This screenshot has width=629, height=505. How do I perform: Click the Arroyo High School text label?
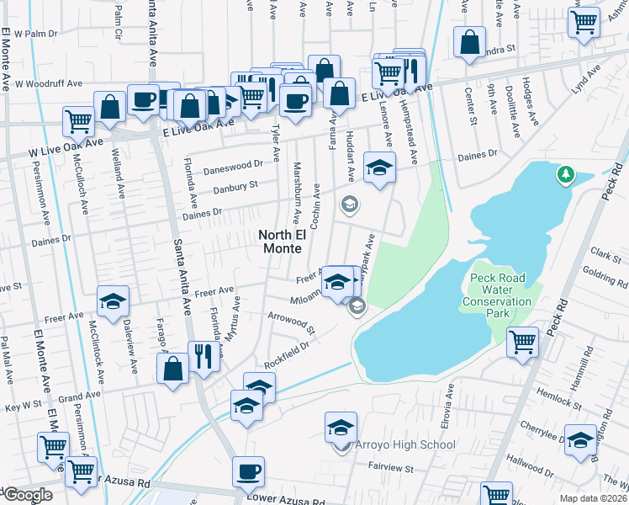point(405,445)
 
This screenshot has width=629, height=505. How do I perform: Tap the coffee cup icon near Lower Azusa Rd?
point(248,472)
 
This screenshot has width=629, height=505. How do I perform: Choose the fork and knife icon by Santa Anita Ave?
point(202,357)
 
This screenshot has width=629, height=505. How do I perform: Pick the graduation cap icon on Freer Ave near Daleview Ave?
point(113,303)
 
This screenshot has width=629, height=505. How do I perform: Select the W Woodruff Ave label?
point(48,84)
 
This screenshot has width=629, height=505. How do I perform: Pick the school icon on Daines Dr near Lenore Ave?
point(379,167)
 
